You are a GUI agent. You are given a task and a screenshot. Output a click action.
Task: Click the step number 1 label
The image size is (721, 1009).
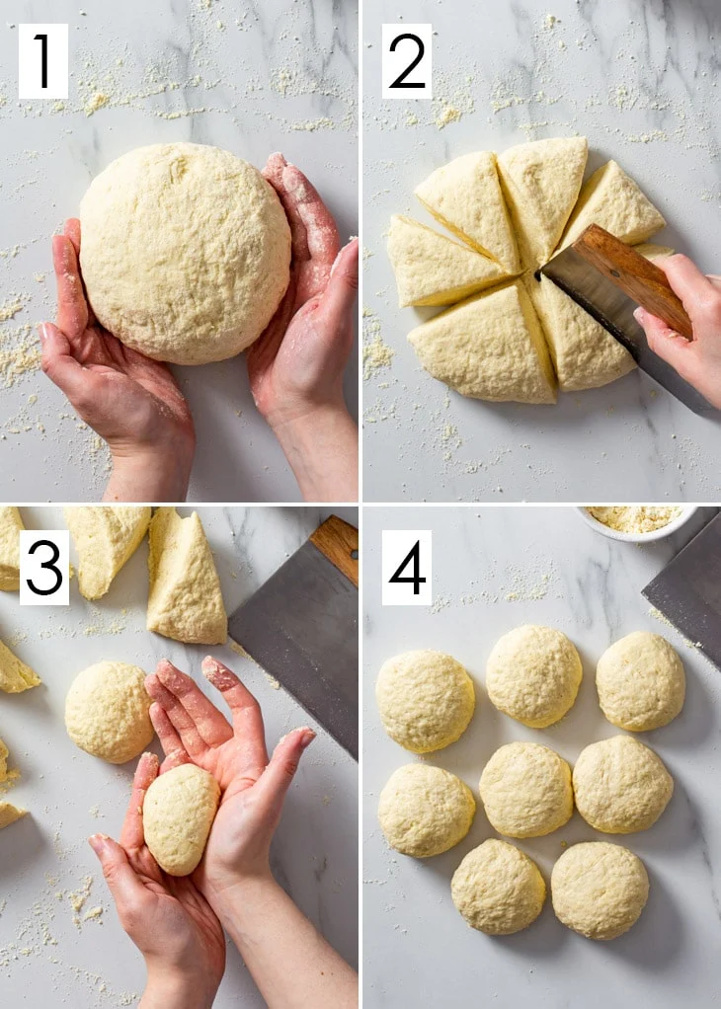(x=43, y=61)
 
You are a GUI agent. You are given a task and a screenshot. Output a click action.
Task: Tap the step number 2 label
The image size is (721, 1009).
(x=407, y=61)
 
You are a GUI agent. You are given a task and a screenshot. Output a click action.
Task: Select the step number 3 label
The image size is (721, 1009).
(x=43, y=568)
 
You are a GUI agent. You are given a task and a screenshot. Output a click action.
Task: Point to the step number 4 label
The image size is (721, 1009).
(x=407, y=568)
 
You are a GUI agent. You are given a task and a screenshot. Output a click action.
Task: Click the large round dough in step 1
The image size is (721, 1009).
(x=185, y=253)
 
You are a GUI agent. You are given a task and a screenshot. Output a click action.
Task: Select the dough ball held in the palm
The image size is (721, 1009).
(x=181, y=818)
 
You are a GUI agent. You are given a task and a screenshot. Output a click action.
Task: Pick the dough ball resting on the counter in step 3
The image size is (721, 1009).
(x=109, y=712)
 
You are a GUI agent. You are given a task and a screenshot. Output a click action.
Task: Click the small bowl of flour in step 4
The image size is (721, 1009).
(x=637, y=522)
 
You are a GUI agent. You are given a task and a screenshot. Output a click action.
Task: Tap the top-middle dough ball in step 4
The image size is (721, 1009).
(x=533, y=675)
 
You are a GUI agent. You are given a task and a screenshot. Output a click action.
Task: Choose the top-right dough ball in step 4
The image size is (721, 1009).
(x=641, y=680)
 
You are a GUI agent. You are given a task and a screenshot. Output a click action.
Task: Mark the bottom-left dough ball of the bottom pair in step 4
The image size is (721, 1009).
(x=498, y=887)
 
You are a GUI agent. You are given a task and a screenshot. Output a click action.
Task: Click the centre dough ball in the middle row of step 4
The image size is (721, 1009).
(x=526, y=790)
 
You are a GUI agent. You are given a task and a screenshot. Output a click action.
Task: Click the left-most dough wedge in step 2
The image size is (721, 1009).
(x=444, y=263)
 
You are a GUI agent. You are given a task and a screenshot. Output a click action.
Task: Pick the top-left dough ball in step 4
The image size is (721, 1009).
(x=425, y=701)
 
